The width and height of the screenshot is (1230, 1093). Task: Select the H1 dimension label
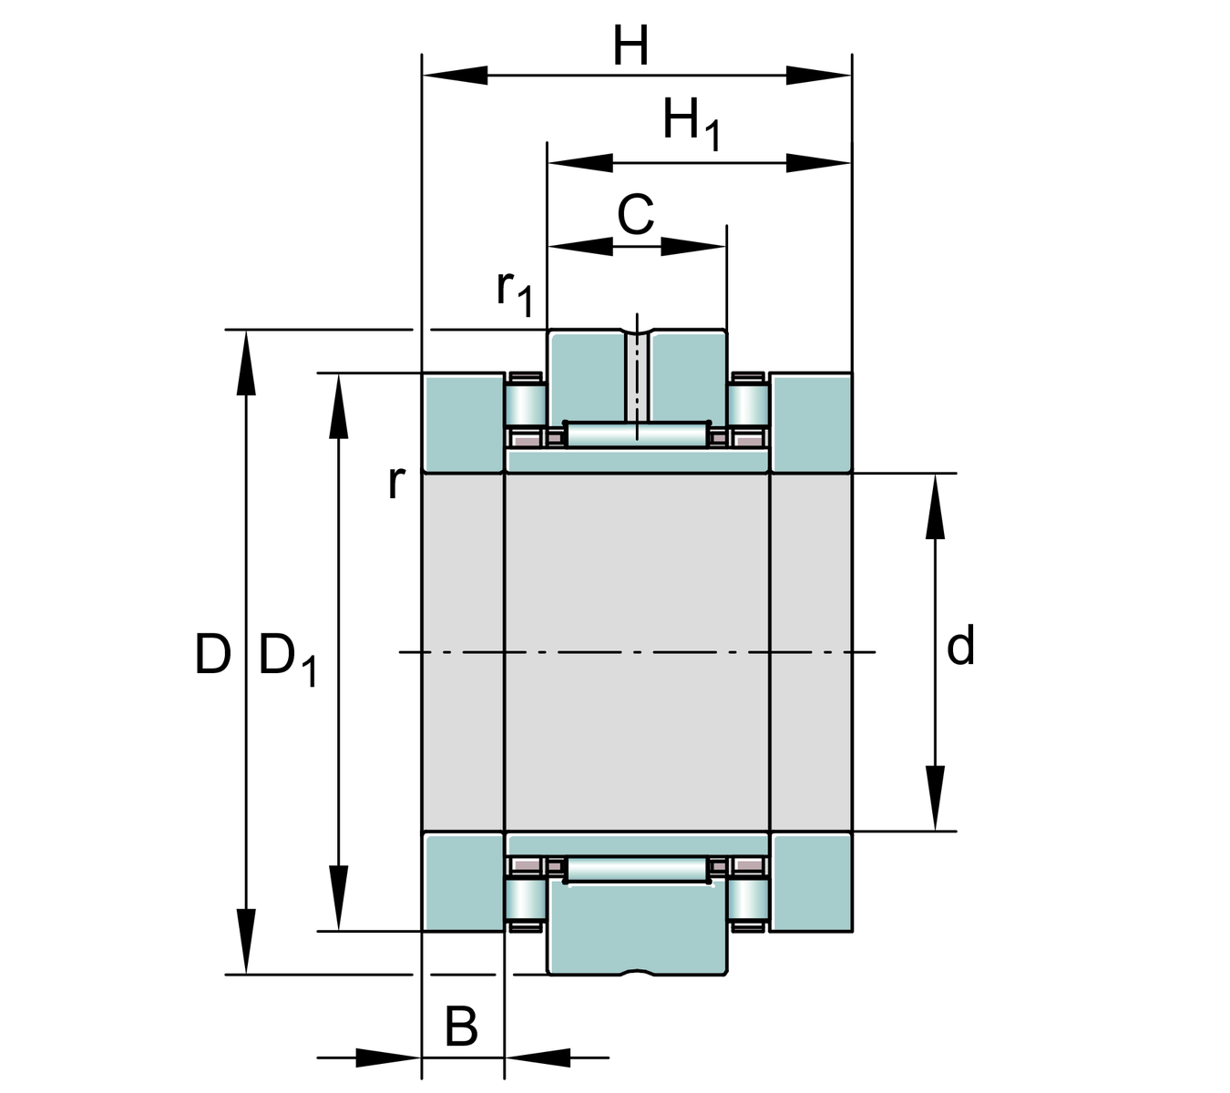691,123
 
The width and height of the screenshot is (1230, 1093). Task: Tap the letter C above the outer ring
636,216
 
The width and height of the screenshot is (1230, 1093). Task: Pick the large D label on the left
212,654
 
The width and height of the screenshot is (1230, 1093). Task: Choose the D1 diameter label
288,658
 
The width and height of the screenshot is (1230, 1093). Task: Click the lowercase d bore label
960,646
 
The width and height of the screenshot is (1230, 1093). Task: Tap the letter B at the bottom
461,1027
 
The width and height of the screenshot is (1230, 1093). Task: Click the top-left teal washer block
463,423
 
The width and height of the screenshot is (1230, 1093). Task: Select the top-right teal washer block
811,423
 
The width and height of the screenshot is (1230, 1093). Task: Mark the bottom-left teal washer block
463,882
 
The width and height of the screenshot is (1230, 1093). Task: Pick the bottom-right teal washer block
811,882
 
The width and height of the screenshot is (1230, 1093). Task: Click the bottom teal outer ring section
637,929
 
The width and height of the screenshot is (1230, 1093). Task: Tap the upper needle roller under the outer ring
637,434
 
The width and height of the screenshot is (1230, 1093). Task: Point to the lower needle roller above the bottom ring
637,870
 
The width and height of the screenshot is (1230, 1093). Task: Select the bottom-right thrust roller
747,900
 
